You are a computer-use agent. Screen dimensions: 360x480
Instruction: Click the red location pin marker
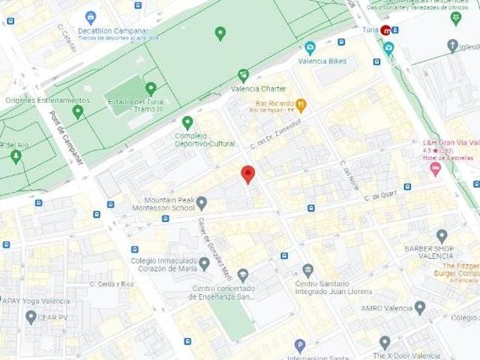(248, 174)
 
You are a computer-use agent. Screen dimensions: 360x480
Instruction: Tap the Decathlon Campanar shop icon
(91, 16)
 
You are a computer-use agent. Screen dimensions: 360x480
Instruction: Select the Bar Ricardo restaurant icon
(301, 104)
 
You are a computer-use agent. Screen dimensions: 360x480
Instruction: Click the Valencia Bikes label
(322, 61)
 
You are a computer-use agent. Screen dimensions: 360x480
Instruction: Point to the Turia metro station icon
(385, 31)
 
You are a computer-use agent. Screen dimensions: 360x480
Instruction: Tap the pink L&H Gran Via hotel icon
(435, 169)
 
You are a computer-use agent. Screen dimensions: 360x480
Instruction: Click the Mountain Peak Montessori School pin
(202, 202)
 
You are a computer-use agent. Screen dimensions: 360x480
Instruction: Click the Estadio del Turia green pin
(151, 88)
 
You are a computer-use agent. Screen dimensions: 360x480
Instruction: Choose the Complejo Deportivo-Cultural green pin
(187, 122)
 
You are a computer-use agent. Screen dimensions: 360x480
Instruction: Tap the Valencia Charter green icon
(243, 75)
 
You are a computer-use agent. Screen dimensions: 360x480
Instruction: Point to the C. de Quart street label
(379, 197)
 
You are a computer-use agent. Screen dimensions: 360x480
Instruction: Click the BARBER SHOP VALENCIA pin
(442, 236)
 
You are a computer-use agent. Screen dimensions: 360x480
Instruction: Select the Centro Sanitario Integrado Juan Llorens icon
(307, 270)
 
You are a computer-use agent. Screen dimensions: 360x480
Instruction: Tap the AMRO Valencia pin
(420, 307)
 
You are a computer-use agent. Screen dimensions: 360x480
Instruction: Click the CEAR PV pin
(31, 316)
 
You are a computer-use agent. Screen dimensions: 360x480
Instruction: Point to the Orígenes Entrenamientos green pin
(78, 112)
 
